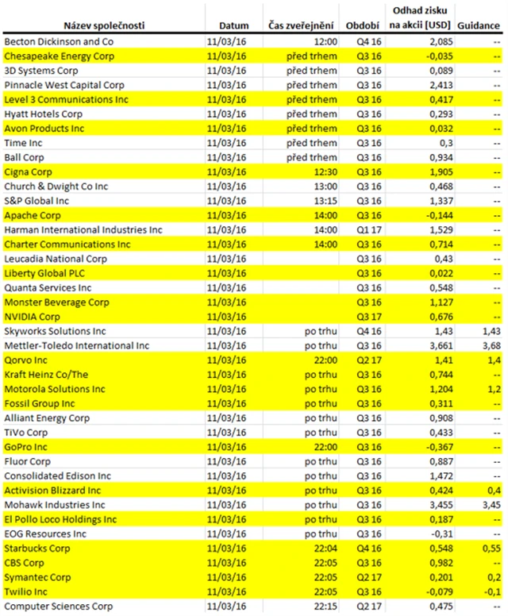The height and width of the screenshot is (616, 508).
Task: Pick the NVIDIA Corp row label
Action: point(29,317)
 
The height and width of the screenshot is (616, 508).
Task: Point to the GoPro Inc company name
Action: point(26,448)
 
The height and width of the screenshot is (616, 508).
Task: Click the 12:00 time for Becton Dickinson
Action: point(326,41)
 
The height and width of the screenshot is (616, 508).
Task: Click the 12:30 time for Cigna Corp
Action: point(326,171)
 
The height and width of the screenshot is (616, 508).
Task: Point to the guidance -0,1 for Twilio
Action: point(491,593)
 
